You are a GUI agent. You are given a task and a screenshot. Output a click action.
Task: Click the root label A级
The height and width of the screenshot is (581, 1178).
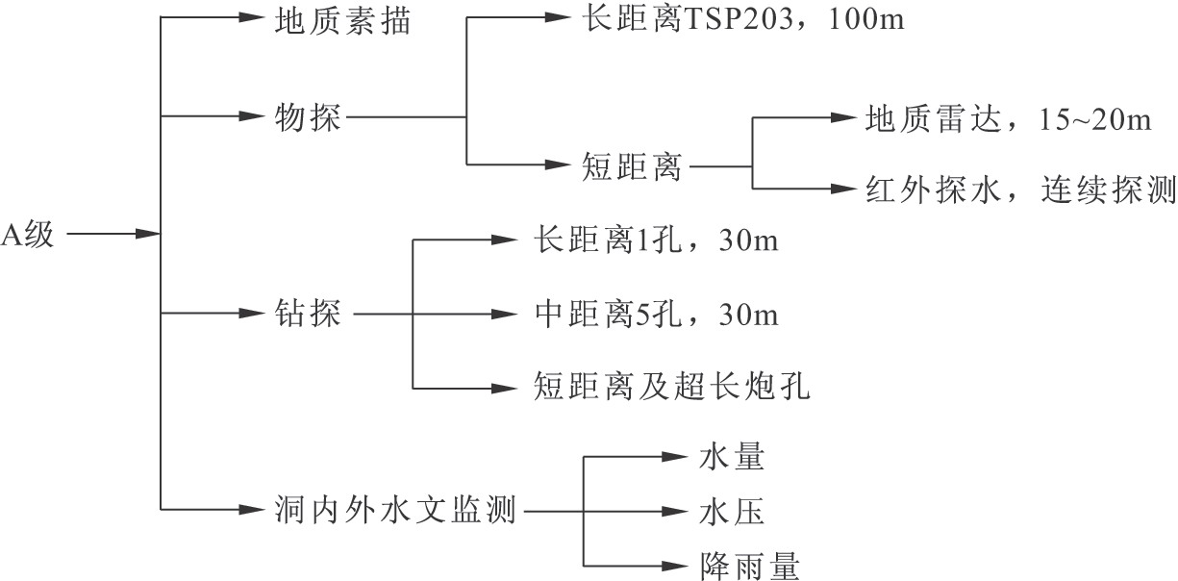(28, 234)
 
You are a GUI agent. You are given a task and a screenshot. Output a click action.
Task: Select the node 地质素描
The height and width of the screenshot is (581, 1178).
(341, 19)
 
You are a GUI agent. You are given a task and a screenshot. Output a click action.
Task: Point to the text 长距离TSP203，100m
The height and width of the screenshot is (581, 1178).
(742, 18)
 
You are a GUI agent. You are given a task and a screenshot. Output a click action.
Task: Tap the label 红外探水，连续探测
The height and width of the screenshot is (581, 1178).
(1020, 189)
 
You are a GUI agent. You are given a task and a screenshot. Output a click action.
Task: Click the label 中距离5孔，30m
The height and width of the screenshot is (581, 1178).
(655, 314)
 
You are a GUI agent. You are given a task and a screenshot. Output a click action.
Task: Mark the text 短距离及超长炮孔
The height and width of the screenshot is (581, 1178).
(673, 388)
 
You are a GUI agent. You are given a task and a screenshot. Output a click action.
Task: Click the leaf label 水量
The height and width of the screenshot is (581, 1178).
(732, 458)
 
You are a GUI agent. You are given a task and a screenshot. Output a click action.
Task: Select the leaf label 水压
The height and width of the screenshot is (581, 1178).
(732, 513)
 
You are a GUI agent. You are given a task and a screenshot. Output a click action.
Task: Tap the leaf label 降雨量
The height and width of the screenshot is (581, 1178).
(750, 566)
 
